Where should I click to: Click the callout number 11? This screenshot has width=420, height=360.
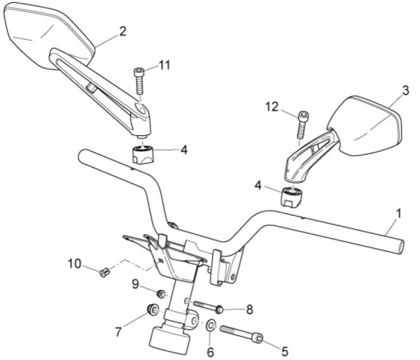[164, 65]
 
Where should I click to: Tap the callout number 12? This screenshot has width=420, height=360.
[272, 107]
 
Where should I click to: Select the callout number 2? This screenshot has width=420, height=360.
[122, 32]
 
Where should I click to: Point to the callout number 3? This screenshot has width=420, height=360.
[406, 90]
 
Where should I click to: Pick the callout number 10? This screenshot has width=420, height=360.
[74, 263]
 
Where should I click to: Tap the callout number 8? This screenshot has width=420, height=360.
[249, 310]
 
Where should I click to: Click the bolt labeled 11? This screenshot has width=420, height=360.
[139, 81]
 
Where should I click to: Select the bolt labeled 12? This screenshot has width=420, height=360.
[302, 125]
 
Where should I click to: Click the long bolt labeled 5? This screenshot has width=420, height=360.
[241, 334]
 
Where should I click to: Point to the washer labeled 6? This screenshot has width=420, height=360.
[211, 325]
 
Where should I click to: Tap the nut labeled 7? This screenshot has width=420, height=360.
[153, 310]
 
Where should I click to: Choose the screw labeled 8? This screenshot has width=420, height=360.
[208, 307]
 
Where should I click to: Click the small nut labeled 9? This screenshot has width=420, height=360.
[161, 293]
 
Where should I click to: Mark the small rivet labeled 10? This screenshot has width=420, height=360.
[104, 272]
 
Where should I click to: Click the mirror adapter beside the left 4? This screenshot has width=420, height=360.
[143, 155]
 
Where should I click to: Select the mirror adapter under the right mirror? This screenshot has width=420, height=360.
[292, 198]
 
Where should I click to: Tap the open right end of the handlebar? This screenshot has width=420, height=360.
[400, 247]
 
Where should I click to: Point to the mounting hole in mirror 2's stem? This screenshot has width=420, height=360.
[141, 109]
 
